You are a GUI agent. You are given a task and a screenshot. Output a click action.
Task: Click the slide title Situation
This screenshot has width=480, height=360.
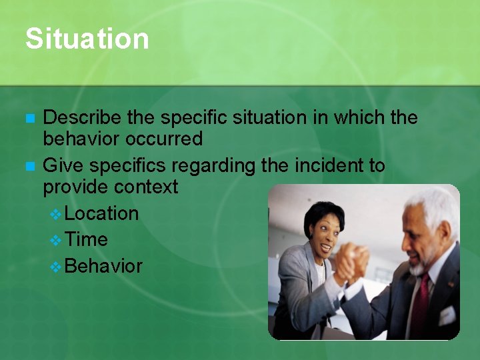[x=87, y=39]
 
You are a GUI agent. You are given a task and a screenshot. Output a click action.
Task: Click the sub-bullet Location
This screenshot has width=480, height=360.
[x=102, y=213]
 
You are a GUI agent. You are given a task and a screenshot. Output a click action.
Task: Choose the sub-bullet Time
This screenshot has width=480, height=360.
[x=87, y=239]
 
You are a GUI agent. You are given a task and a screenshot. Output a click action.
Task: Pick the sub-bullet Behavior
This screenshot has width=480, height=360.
[x=104, y=266]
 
